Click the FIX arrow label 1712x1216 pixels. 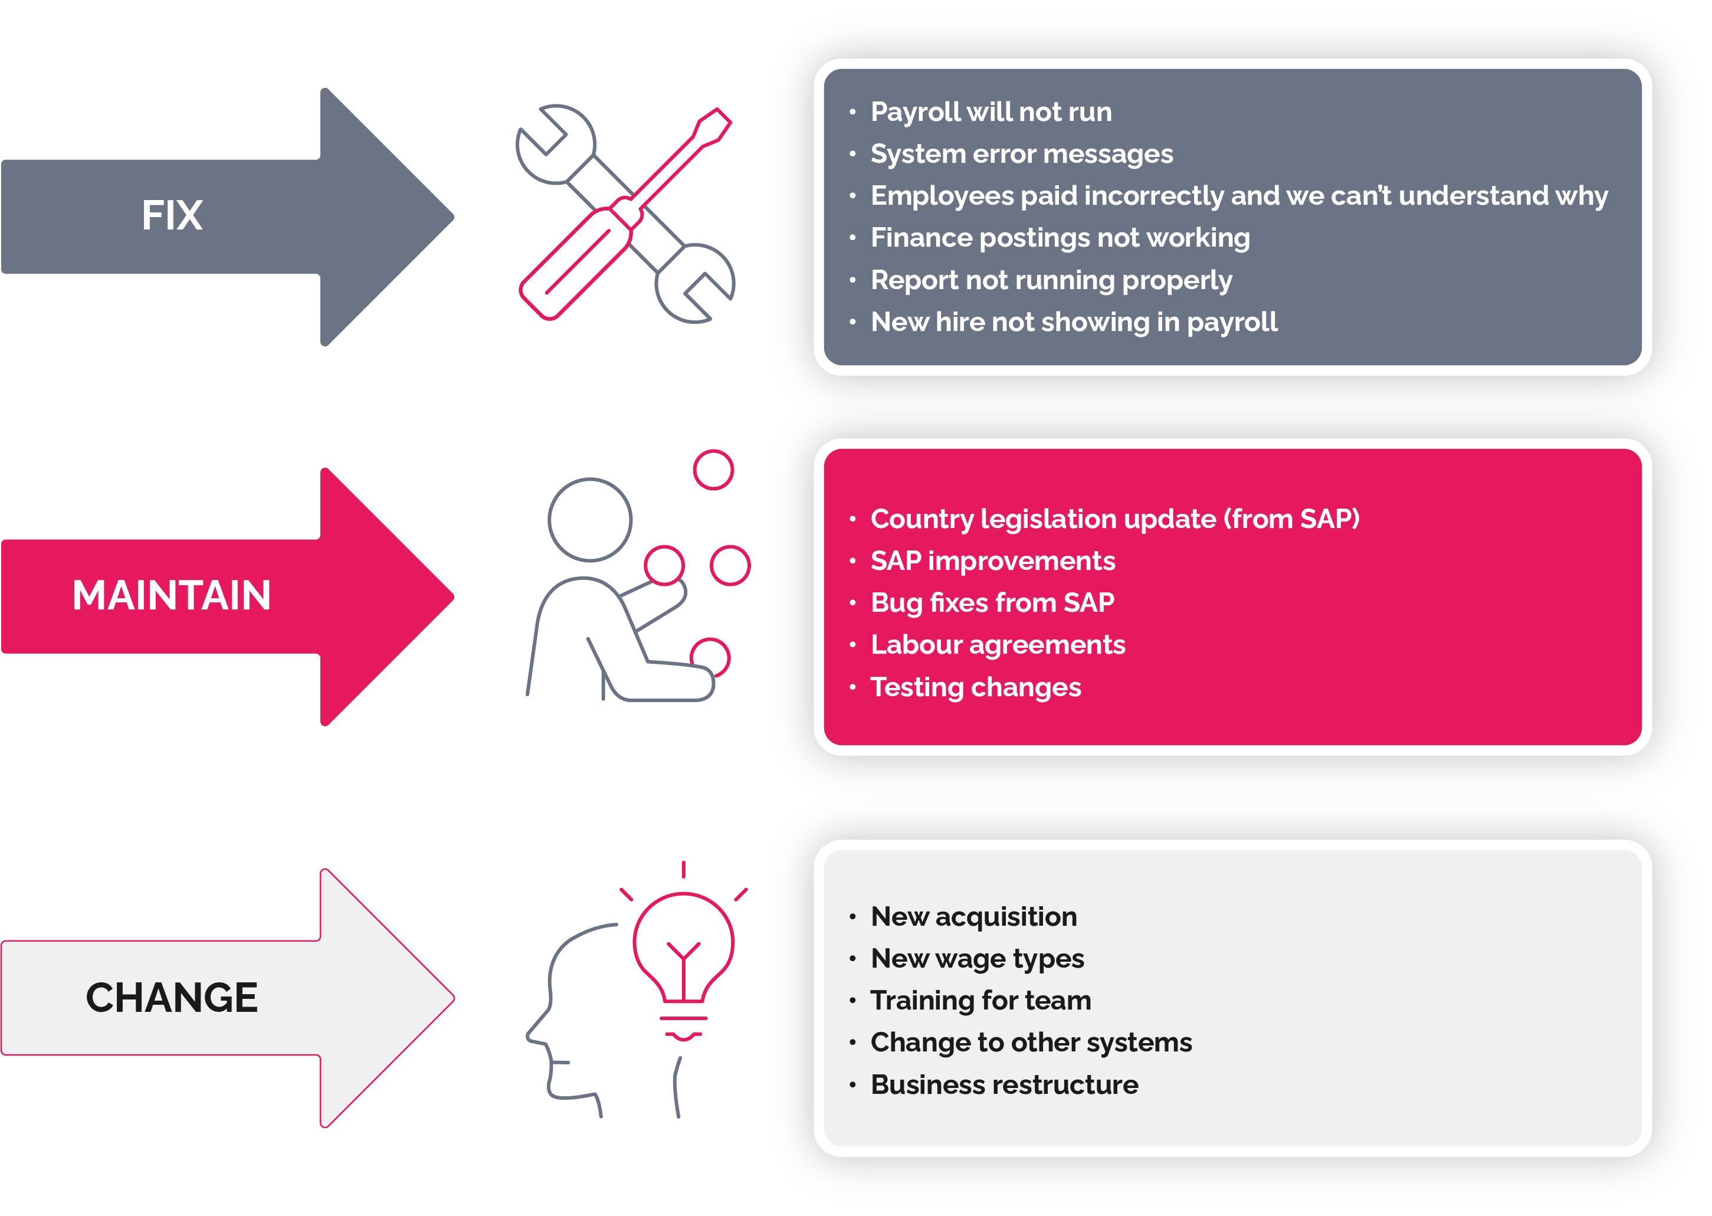tap(172, 215)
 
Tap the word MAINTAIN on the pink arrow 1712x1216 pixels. tap(172, 596)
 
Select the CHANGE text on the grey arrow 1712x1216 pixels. tap(172, 998)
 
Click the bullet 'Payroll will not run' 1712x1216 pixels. tap(991, 112)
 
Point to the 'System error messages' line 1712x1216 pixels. tap(1022, 154)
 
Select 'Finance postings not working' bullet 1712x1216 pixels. tap(1060, 238)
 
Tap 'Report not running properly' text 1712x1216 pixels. tap(1051, 281)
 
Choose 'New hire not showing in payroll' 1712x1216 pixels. tap(1074, 323)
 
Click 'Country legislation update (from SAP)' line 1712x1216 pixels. tap(1114, 519)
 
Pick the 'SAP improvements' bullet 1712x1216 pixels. tap(993, 562)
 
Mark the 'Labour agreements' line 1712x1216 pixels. tap(998, 645)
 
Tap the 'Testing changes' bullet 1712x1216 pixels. tap(975, 687)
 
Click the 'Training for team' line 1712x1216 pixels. tap(980, 1001)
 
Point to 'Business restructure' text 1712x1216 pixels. tap(1004, 1085)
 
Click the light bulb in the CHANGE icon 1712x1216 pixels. tap(684, 966)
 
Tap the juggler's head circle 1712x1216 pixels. tap(590, 520)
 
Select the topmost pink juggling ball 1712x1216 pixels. tap(713, 470)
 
